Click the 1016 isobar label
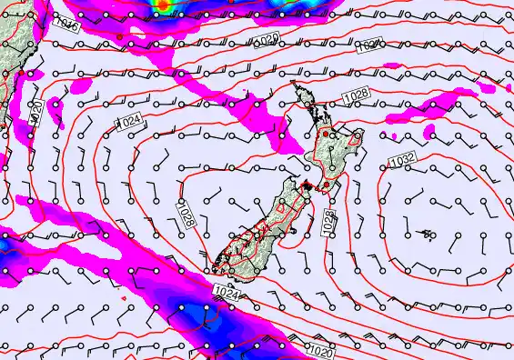[67, 26]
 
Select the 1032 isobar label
[401, 161]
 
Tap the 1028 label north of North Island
[355, 95]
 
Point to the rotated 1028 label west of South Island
[186, 215]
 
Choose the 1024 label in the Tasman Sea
[129, 120]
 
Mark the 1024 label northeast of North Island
[368, 45]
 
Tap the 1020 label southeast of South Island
[320, 350]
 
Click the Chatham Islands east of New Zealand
[426, 234]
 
